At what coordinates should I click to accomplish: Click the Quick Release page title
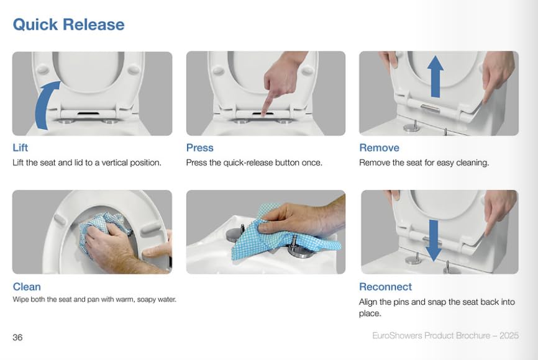68,25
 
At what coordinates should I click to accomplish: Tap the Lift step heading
21,148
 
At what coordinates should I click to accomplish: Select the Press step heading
199,148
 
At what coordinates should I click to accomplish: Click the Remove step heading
379,148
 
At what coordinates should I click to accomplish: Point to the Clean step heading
27,287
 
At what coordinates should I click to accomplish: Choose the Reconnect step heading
385,287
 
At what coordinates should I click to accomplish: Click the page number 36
17,338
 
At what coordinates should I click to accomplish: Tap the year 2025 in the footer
509,335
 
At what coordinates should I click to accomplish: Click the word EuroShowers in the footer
397,335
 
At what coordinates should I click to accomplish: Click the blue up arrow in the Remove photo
435,76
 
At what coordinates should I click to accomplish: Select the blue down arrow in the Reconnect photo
434,240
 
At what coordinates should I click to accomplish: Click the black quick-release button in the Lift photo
88,113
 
